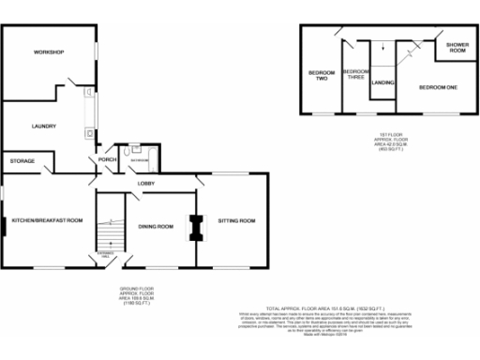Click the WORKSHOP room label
[48, 52]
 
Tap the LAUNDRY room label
[44, 127]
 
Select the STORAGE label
[22, 161]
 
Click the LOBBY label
[147, 183]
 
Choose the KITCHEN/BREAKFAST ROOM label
[47, 220]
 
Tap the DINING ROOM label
[157, 226]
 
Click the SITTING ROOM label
[236, 221]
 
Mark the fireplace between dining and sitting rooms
[196, 226]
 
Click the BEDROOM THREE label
[355, 75]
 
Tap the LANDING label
[382, 83]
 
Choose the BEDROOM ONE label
[438, 86]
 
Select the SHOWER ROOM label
[457, 47]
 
